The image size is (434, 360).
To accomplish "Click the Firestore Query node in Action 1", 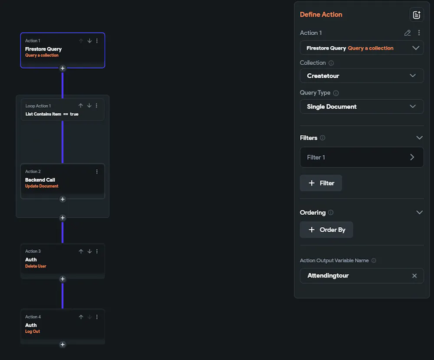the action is click(x=62, y=50).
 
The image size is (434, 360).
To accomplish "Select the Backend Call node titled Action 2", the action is click(x=62, y=181).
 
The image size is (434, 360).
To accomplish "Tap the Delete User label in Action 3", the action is click(x=36, y=266).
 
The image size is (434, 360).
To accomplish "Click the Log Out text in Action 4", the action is click(x=33, y=331).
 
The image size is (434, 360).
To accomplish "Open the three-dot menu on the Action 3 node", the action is click(x=97, y=251).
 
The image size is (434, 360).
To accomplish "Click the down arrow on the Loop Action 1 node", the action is click(x=89, y=106).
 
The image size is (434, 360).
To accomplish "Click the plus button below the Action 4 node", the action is click(x=62, y=344).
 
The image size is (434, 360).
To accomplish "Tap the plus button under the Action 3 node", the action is click(x=62, y=279).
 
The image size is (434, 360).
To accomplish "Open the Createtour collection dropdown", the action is click(x=362, y=76).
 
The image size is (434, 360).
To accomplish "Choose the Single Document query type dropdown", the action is click(x=362, y=107).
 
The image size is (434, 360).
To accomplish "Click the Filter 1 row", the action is click(x=362, y=157).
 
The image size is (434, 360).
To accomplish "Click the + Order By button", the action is click(x=326, y=230).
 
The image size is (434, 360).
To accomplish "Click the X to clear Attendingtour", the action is click(x=414, y=276).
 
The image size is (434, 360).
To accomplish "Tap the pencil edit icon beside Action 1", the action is click(x=408, y=33).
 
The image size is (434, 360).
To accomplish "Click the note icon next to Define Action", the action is click(x=417, y=15).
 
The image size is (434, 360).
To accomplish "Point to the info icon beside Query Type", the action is click(x=336, y=93).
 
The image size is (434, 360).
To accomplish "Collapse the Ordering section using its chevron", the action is click(x=420, y=212).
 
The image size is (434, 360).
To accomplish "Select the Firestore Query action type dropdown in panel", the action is click(x=362, y=48).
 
